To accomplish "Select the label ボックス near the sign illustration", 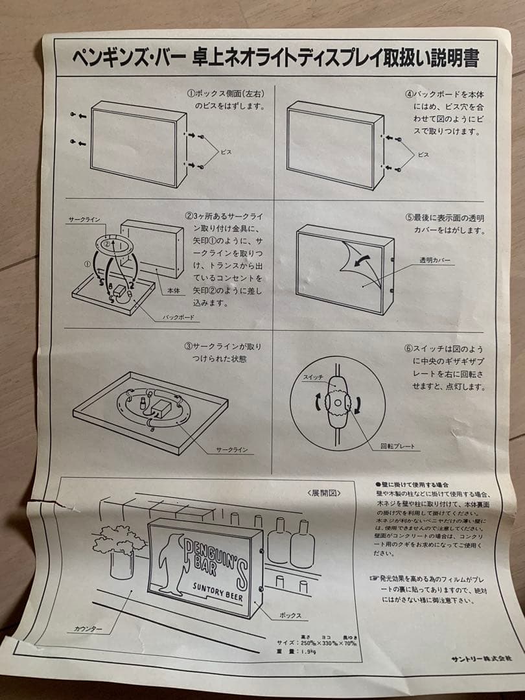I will coord(290,614).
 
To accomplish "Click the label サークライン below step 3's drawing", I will coord(232,450).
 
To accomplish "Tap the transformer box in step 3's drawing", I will coord(160,408).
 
